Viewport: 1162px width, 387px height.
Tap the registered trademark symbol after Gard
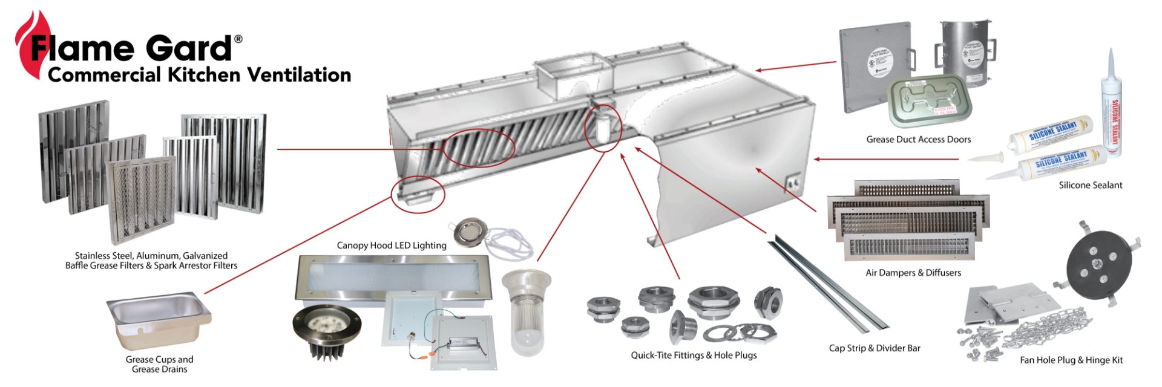[x=238, y=39]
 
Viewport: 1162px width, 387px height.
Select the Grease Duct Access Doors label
[x=918, y=140]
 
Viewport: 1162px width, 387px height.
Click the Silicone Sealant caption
[x=1090, y=186]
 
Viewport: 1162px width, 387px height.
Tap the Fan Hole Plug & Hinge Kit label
[x=1071, y=360]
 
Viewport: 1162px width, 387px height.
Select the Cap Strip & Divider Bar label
[x=874, y=348]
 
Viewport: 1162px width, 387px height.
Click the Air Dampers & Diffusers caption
[x=913, y=273]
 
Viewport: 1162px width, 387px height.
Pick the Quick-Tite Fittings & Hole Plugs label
[x=694, y=356]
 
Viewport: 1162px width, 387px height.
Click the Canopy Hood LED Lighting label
[x=392, y=246]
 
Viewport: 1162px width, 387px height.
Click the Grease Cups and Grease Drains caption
[x=159, y=364]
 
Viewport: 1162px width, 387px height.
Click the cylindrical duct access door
[x=966, y=53]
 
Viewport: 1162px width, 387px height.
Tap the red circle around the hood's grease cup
[x=418, y=194]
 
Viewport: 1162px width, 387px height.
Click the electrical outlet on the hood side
[x=792, y=183]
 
